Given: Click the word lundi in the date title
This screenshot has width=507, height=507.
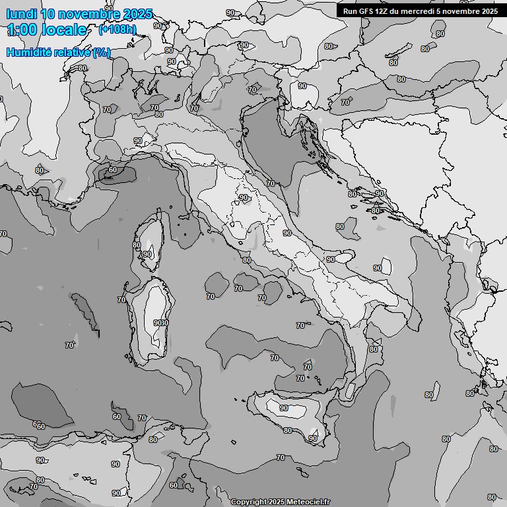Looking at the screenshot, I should click(21, 14).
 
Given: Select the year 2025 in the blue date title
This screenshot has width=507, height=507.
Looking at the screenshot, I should click(137, 14).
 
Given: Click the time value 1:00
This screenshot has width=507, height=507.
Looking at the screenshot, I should click(22, 30).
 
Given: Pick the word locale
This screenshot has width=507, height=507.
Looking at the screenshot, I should click(64, 30).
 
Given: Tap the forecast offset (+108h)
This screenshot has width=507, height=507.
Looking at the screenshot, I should click(118, 30).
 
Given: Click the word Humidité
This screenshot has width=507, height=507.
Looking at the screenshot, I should click(30, 52).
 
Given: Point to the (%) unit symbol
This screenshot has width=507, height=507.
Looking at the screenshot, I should click(101, 52).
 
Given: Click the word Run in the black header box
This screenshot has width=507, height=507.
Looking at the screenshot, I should click(350, 11).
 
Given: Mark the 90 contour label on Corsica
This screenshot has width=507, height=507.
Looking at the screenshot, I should click(147, 254).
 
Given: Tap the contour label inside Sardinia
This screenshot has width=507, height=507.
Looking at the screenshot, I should click(160, 323).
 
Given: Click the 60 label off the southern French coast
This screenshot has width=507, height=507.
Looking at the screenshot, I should click(112, 170).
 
